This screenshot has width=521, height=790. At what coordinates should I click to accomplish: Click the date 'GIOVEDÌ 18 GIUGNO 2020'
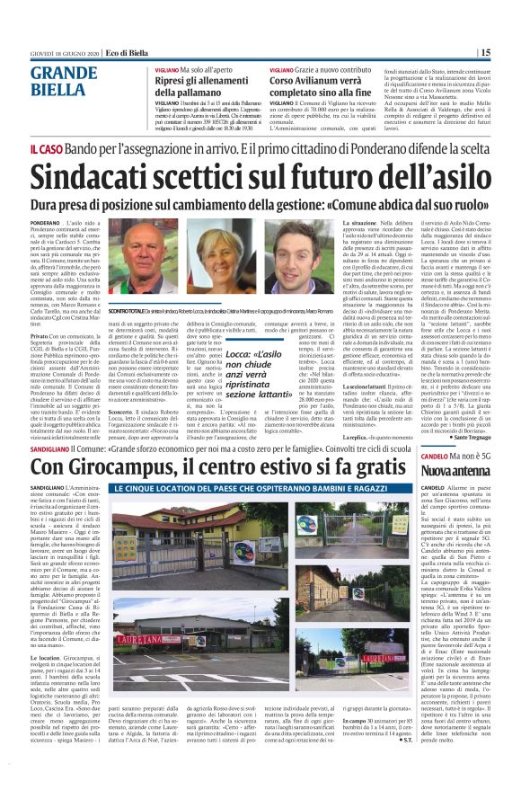(65, 53)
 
